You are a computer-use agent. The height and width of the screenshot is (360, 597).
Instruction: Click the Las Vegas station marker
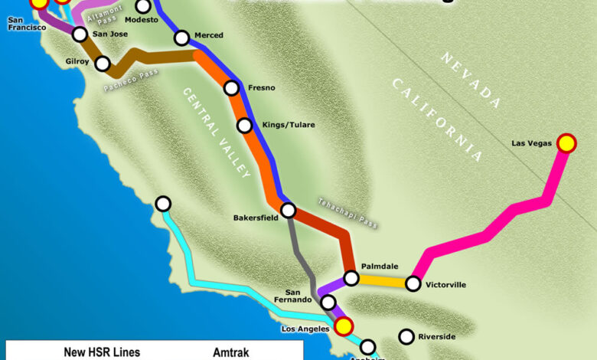[566, 142]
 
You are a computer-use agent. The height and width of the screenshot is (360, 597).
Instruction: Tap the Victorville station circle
[413, 284]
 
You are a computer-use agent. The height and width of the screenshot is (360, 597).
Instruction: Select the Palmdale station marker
[351, 278]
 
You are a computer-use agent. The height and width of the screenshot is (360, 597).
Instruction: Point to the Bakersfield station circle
[289, 210]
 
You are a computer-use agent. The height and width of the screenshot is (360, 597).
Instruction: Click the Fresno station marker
[231, 88]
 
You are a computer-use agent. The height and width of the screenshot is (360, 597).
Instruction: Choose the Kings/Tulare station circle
[244, 125]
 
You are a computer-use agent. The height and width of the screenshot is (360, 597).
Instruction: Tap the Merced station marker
[181, 37]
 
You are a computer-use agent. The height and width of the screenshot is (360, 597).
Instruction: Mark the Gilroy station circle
[103, 64]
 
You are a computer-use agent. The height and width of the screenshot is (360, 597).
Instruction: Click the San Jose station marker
[80, 34]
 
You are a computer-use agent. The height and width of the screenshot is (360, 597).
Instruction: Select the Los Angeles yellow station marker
[344, 327]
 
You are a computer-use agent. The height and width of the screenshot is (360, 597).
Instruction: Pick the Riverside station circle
[406, 336]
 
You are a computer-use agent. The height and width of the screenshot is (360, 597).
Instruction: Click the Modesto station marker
[143, 6]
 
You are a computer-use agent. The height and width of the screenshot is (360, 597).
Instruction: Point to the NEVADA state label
[470, 80]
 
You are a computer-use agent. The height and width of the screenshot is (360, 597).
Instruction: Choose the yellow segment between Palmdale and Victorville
[382, 281]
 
